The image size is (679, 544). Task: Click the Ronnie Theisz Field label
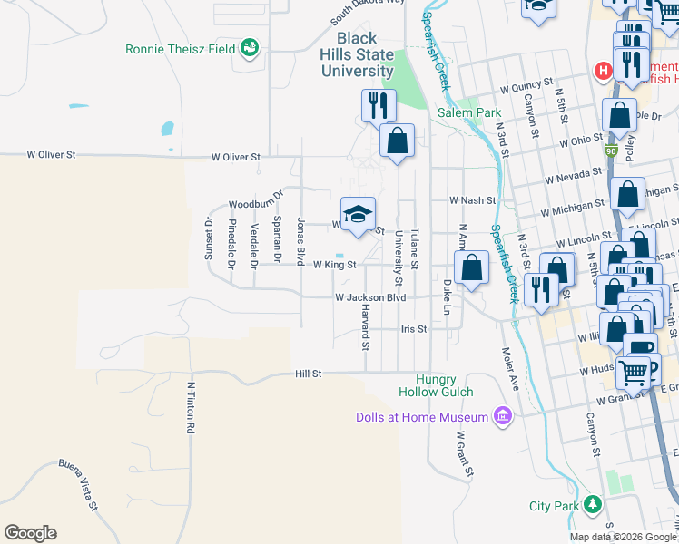tap(182, 49)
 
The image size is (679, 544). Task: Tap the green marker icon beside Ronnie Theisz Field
tap(250, 49)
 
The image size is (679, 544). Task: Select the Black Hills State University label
tap(365, 54)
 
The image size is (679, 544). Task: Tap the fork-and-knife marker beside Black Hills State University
tap(379, 104)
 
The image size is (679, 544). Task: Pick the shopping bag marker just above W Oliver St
tap(397, 141)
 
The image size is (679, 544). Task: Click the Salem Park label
tap(469, 112)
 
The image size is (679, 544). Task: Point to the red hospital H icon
tap(601, 71)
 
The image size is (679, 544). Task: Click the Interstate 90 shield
tap(612, 151)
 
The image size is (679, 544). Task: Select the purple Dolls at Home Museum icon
tap(502, 416)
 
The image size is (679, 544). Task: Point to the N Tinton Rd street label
tap(192, 405)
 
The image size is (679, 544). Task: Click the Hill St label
tap(309, 373)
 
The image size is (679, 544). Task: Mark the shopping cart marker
tap(633, 371)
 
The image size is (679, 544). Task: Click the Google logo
tap(30, 533)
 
